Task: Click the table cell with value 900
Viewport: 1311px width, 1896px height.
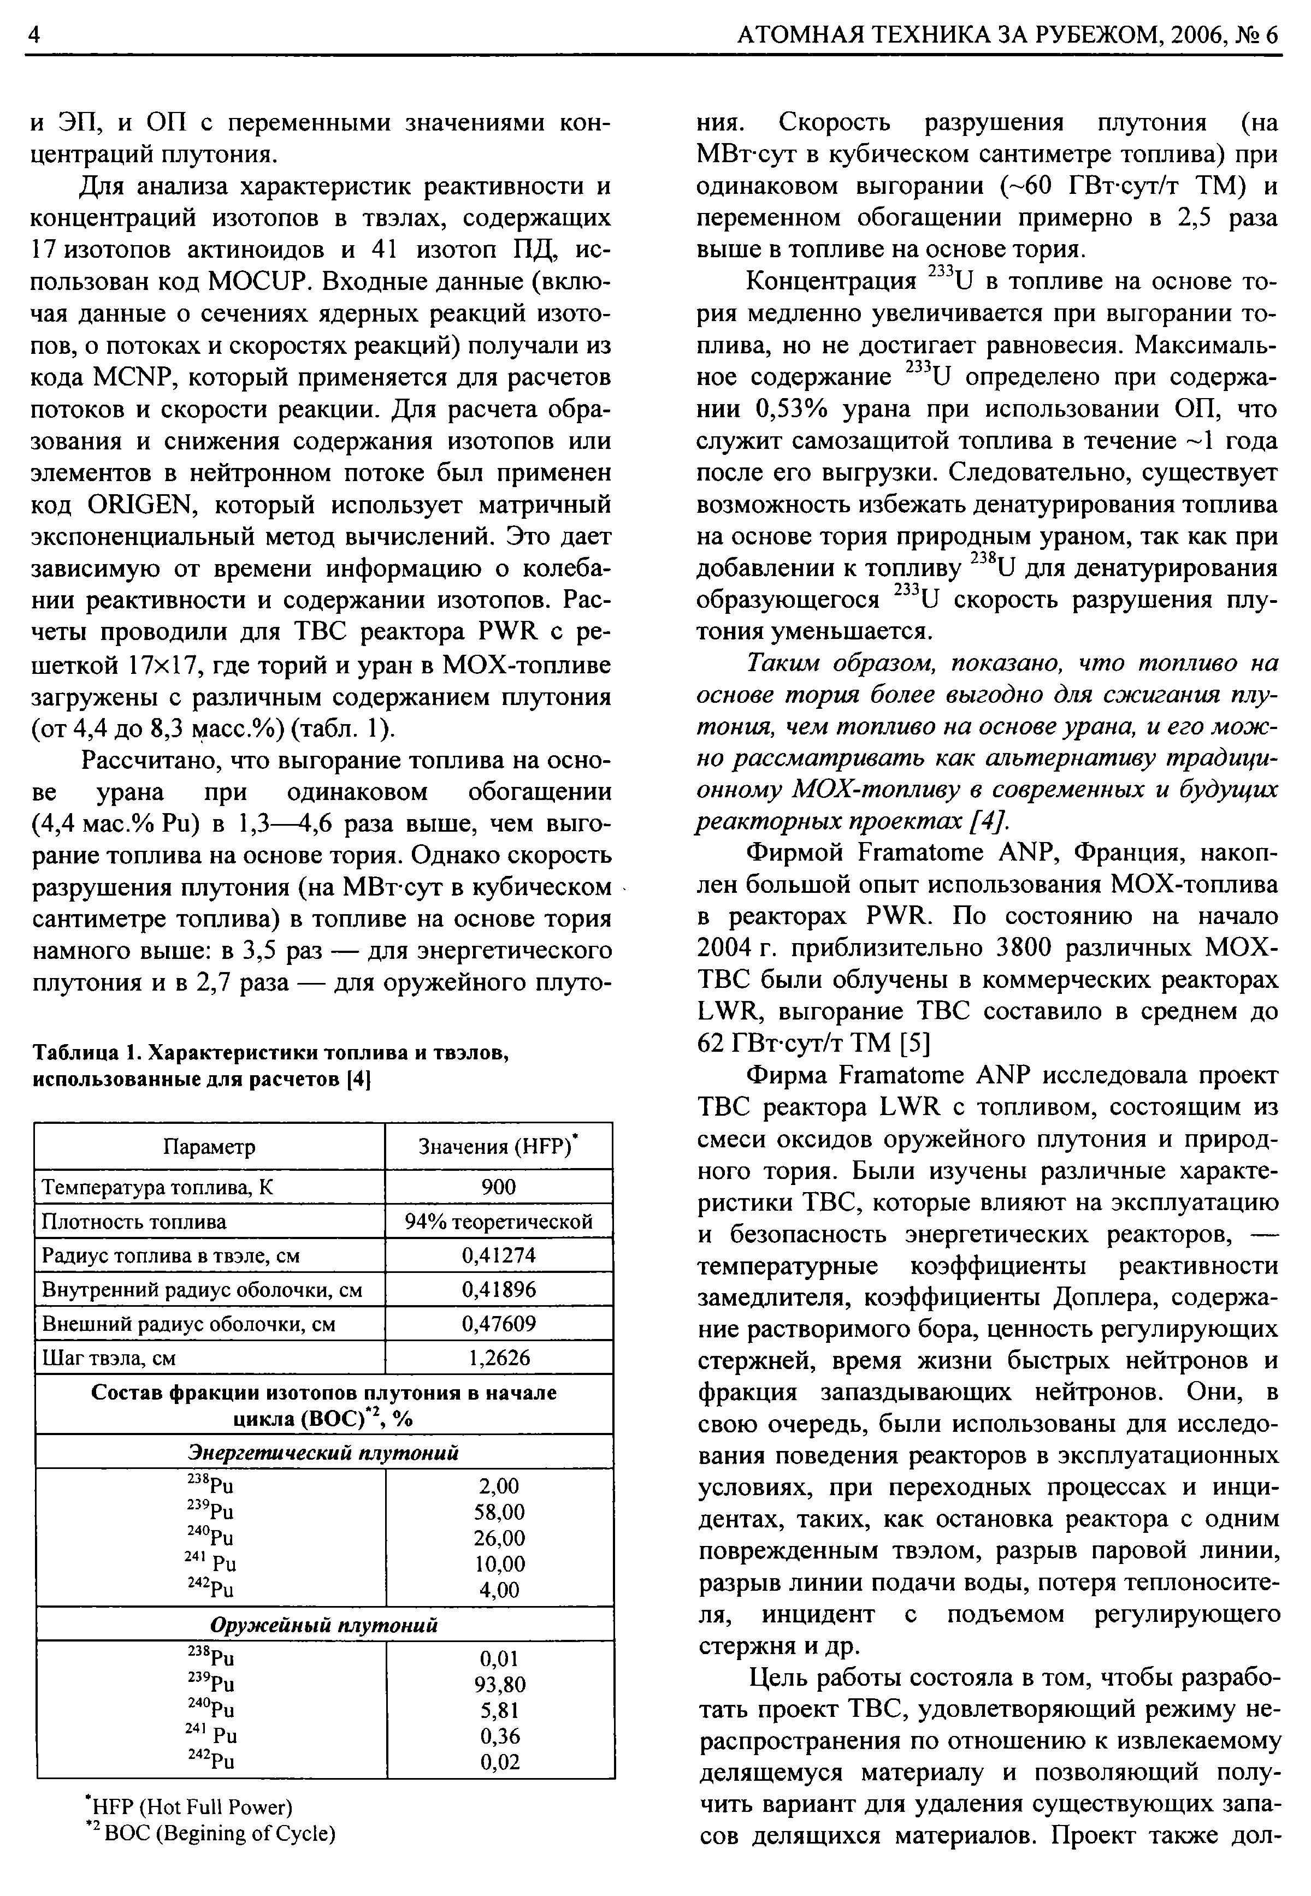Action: pos(499,1187)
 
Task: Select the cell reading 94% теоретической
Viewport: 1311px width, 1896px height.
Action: pos(499,1221)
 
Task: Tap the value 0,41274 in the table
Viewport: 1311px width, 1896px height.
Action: pos(499,1255)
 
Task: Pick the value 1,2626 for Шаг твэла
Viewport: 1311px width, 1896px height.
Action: pos(499,1358)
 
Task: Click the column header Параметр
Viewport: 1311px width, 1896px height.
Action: pos(209,1146)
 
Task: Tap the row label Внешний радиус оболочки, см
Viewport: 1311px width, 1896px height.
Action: pos(188,1324)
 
